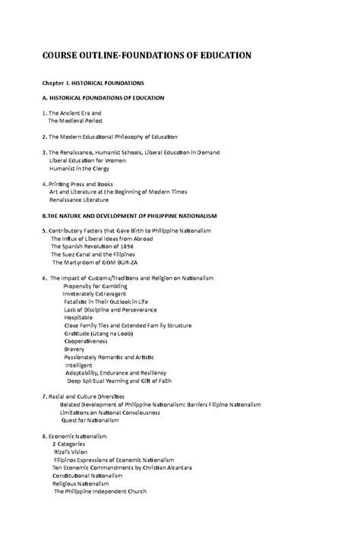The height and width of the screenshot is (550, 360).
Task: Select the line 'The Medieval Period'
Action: (x=75, y=121)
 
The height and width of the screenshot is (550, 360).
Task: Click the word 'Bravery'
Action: (x=74, y=349)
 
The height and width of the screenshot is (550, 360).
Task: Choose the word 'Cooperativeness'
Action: (x=86, y=341)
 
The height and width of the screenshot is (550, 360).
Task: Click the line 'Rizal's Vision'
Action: (x=70, y=452)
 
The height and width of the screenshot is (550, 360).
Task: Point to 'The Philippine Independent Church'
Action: (x=99, y=492)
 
